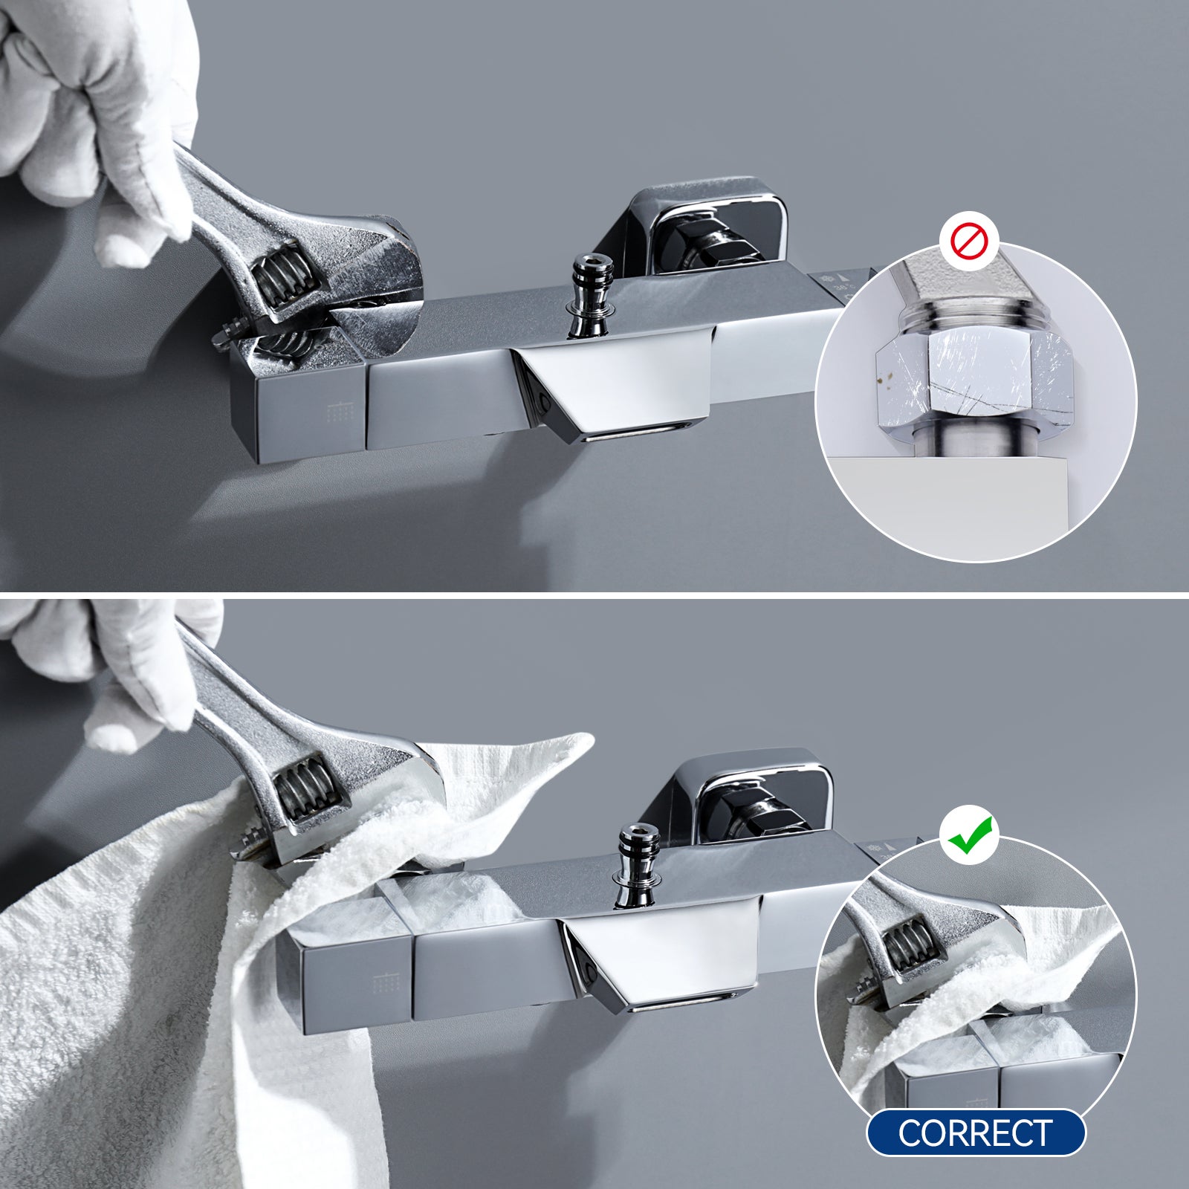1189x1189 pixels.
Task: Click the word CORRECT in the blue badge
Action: [976, 1133]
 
